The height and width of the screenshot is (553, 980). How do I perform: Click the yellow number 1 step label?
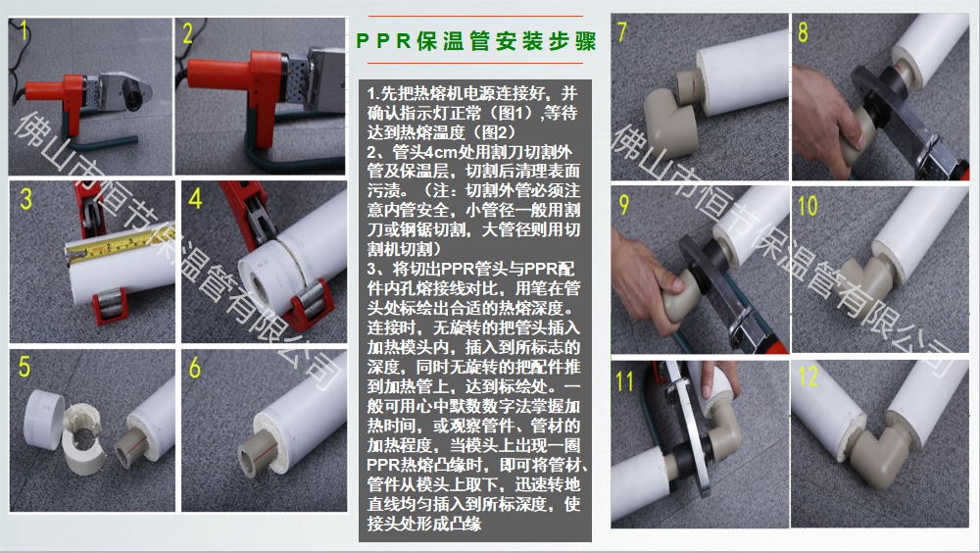[x=24, y=30]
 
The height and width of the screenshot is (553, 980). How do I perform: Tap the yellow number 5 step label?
[x=24, y=367]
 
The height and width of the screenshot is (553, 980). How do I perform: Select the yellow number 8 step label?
[x=804, y=32]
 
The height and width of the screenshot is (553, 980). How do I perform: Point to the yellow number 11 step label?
[x=624, y=381]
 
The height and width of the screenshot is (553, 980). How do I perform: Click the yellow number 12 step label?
[x=808, y=376]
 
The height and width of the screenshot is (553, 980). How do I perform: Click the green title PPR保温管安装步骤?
[x=476, y=41]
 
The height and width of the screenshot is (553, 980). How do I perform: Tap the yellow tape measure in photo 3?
[x=119, y=244]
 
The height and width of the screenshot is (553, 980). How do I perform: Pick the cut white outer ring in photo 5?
[x=43, y=418]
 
